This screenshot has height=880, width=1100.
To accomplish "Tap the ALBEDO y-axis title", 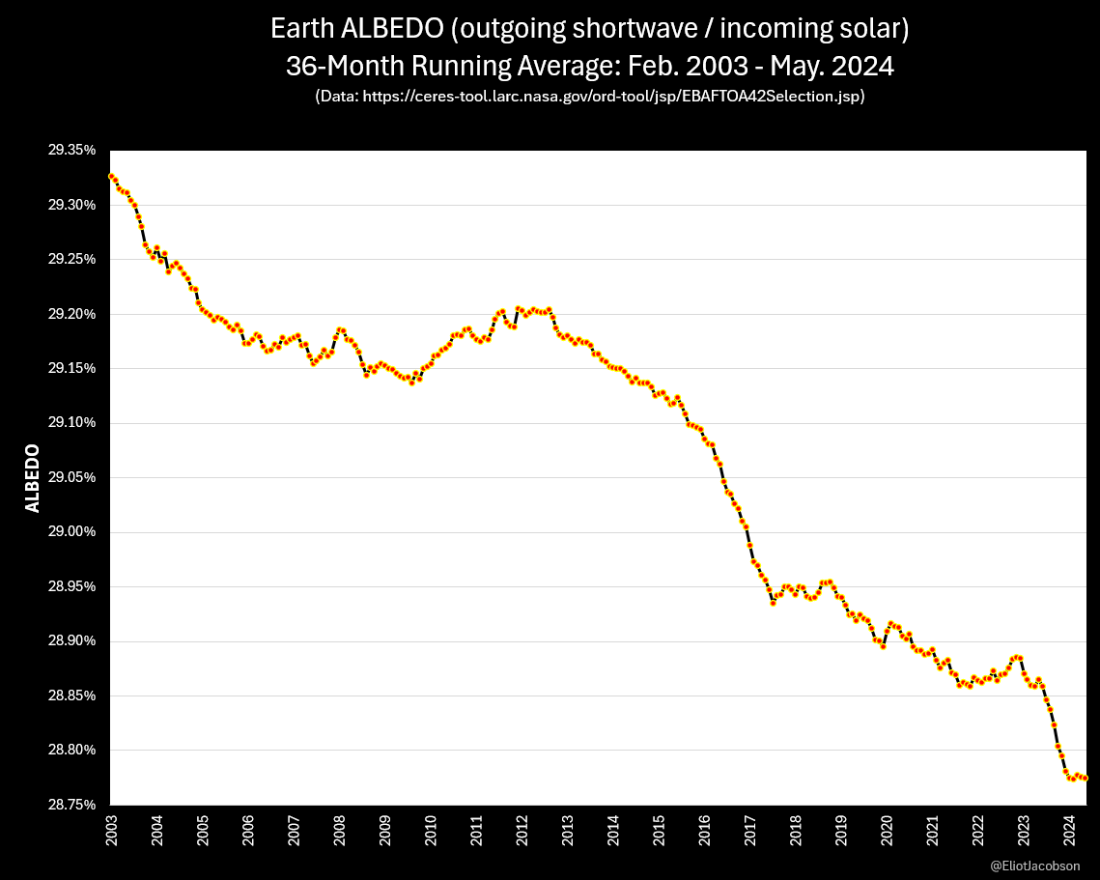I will click(x=33, y=478).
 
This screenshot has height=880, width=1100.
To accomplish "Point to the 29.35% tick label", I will click(x=72, y=151).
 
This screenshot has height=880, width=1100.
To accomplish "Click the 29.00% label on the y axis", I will click(x=72, y=532).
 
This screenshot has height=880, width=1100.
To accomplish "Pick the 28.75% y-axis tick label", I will click(x=72, y=805).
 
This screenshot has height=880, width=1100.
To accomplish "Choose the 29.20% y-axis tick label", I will click(x=72, y=314).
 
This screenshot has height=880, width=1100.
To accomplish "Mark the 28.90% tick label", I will click(x=72, y=641).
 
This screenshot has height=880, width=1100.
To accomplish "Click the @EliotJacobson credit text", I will click(x=1035, y=866).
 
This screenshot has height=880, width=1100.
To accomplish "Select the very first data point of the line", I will click(x=111, y=176).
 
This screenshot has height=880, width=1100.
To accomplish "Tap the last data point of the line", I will click(x=1086, y=778).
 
